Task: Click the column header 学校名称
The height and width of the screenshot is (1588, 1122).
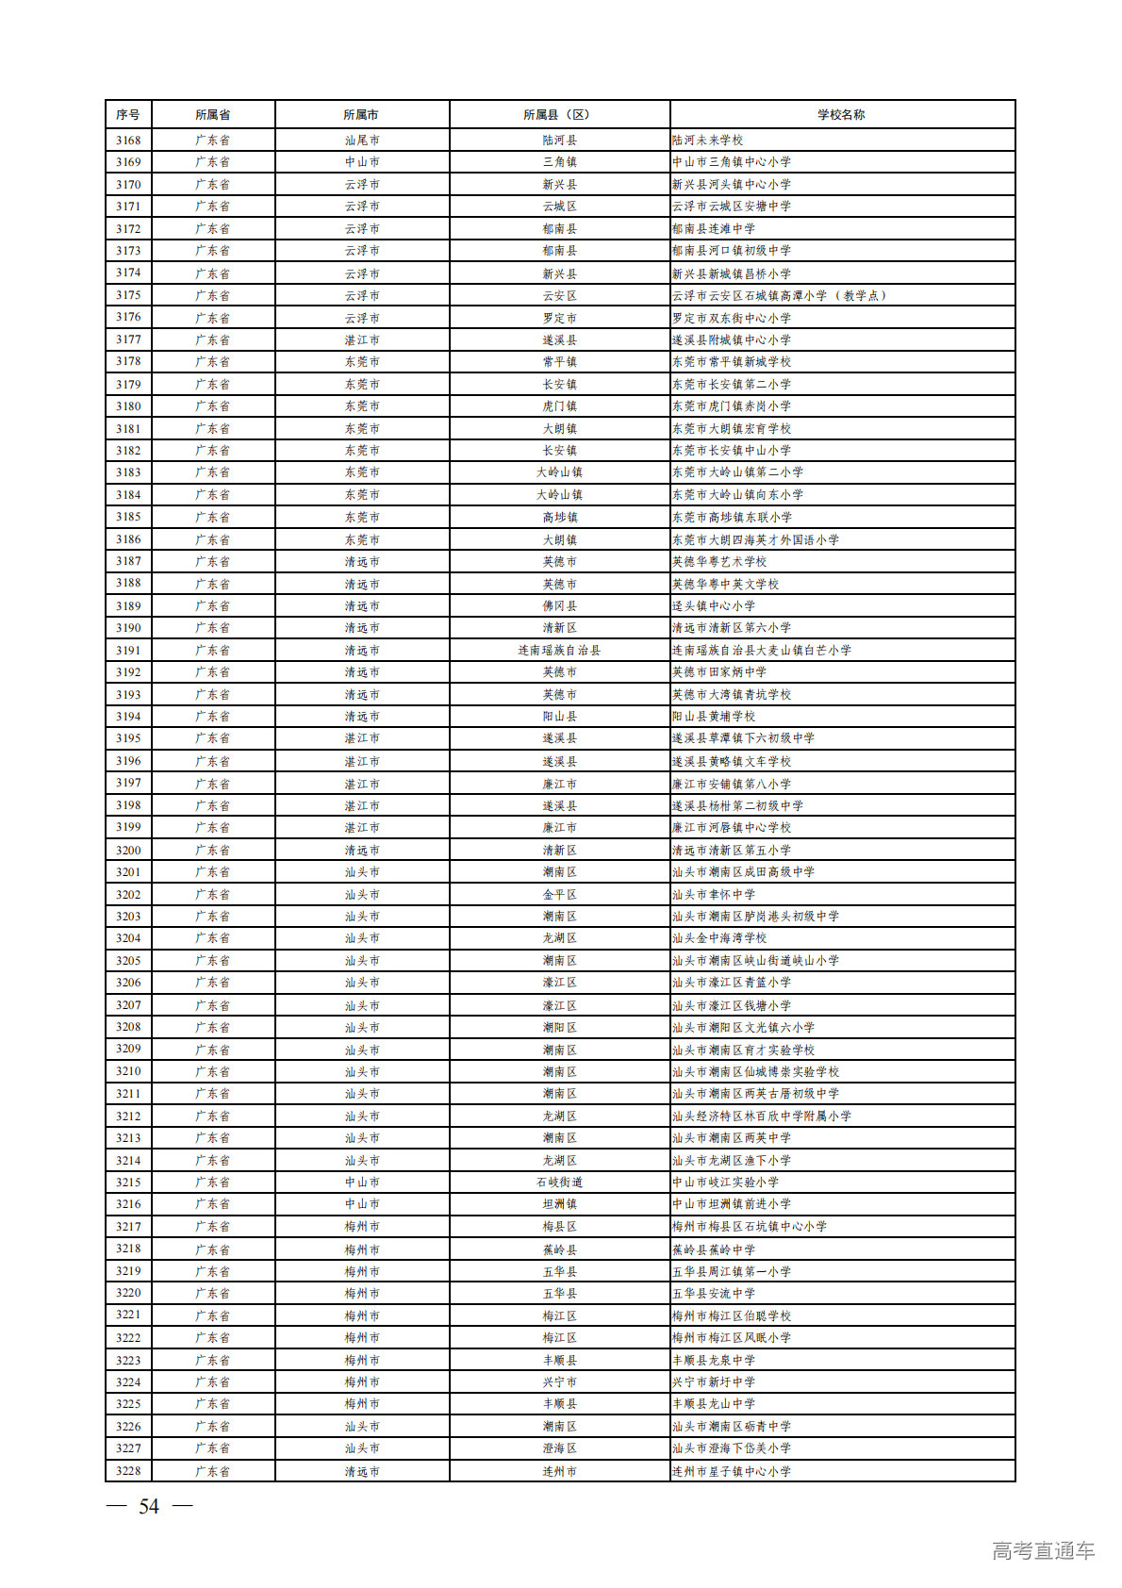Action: [x=841, y=114]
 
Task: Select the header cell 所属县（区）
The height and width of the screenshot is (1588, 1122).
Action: [x=559, y=114]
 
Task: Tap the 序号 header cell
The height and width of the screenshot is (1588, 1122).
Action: [x=128, y=114]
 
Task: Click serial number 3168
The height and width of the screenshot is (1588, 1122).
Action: [x=128, y=140]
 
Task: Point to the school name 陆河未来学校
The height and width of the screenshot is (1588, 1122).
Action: [x=707, y=140]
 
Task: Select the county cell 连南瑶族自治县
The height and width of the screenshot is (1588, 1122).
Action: [x=559, y=650]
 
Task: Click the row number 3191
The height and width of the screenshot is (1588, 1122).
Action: [x=128, y=650]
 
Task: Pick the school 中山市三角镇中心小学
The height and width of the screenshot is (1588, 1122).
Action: [x=732, y=162]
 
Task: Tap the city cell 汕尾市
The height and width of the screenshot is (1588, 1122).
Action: [x=362, y=140]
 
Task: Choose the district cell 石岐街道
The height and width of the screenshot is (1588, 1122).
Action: [x=559, y=1182]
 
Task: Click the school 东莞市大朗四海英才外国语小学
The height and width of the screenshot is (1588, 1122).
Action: [x=755, y=539]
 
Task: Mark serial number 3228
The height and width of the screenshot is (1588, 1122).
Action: [x=128, y=1470]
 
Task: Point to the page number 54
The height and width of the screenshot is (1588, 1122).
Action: [x=149, y=1506]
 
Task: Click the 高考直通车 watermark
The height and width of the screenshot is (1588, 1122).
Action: [x=1043, y=1550]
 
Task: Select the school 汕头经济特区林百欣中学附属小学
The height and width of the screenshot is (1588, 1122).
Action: [x=761, y=1116]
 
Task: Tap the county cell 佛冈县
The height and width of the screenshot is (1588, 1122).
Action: [x=559, y=605]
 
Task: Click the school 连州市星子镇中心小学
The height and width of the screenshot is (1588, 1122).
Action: [x=732, y=1470]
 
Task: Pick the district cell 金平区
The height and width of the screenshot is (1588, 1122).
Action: [x=559, y=894]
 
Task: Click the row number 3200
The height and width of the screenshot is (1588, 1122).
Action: [x=128, y=850]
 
